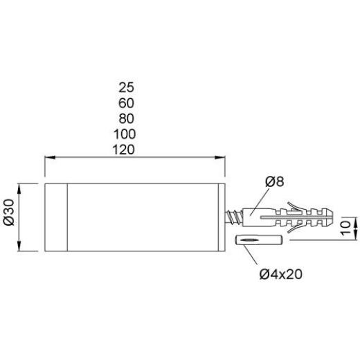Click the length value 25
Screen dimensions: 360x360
(126, 87)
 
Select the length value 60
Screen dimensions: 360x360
(126, 103)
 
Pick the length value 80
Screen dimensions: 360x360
(126, 118)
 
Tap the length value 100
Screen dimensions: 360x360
(125, 134)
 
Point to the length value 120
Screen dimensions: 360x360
(124, 150)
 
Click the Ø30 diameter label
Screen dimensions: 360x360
(9, 212)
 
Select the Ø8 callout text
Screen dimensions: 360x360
(274, 181)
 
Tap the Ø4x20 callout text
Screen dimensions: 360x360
(280, 274)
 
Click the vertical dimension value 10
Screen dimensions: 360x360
(345, 228)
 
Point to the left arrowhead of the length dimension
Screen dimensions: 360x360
(50, 157)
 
